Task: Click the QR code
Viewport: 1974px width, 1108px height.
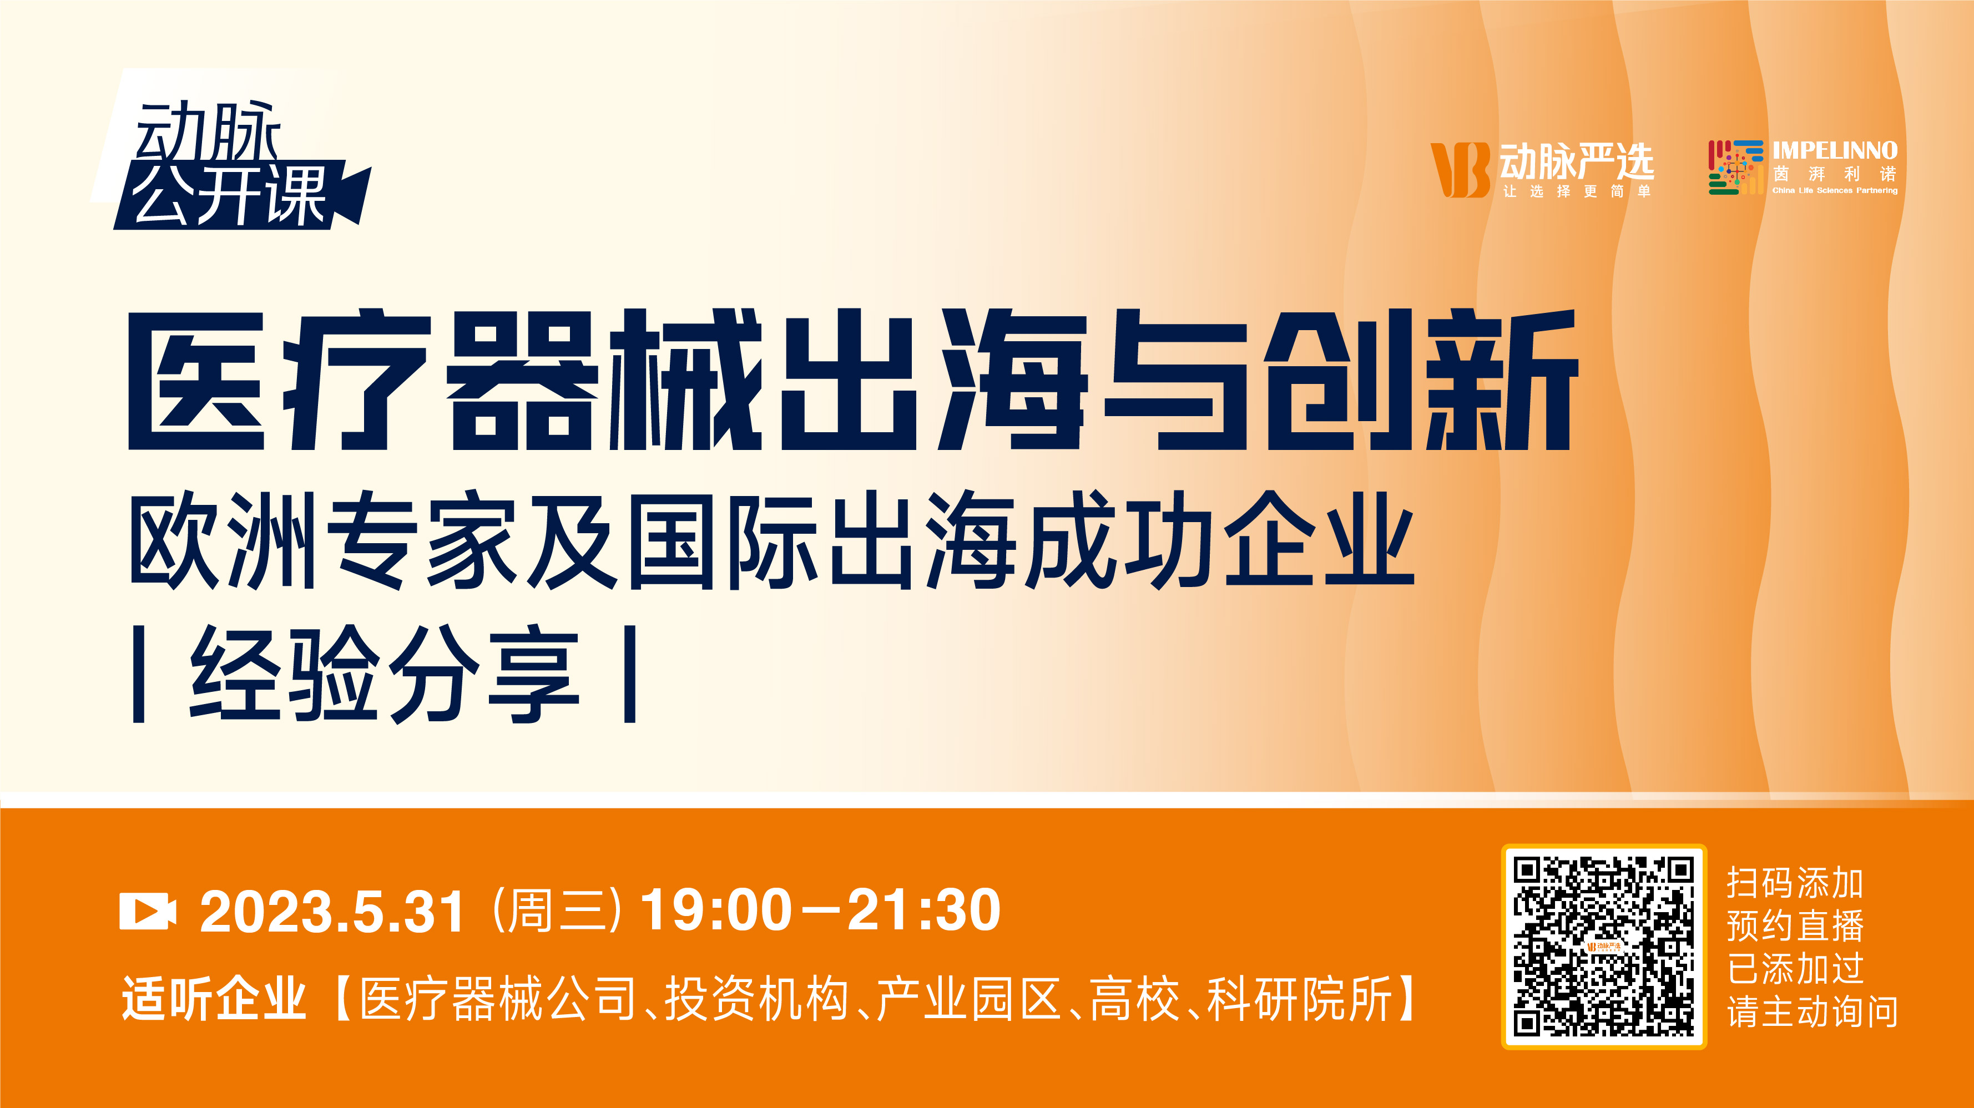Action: pyautogui.click(x=1604, y=947)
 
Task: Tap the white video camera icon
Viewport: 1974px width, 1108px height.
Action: pyautogui.click(x=148, y=911)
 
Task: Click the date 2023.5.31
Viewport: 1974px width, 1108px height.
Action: pyautogui.click(x=332, y=912)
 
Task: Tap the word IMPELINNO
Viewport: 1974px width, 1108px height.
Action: pyautogui.click(x=1835, y=150)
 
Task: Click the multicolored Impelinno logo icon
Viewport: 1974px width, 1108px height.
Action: pyautogui.click(x=1735, y=167)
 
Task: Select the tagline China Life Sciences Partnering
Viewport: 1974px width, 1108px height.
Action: pyautogui.click(x=1835, y=190)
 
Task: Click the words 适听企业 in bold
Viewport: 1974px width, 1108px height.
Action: pyautogui.click(x=214, y=999)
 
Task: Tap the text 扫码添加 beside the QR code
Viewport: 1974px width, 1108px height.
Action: pyautogui.click(x=1795, y=883)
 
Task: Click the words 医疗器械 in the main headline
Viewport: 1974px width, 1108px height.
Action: pyautogui.click(x=445, y=380)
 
